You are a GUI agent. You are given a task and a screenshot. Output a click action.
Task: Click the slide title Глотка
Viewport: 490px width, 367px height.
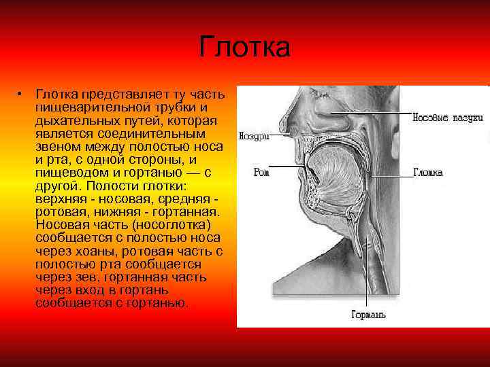point(245,48)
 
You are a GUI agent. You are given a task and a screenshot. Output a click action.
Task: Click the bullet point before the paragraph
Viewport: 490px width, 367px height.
point(22,93)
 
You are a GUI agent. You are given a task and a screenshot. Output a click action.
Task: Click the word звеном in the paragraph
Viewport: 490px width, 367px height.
point(61,147)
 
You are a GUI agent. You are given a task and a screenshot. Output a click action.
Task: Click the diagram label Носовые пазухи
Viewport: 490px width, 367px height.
point(448,118)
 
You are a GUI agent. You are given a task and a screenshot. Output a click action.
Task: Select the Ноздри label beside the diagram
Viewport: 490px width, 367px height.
point(255,136)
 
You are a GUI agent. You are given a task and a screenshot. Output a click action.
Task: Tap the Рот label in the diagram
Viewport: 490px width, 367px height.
point(261,172)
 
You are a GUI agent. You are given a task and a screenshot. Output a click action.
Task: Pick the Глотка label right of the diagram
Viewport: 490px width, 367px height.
point(428,173)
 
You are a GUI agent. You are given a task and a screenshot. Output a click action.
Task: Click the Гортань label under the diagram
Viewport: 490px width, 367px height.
point(368,315)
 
